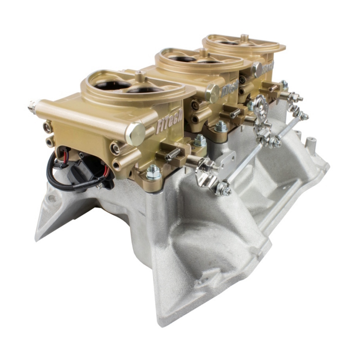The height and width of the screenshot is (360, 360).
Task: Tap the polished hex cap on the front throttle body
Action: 135,134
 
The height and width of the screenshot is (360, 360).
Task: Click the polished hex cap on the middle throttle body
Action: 212,93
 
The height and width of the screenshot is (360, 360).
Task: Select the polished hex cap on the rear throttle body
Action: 257,69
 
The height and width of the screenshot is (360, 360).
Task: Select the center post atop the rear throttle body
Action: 244,37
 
